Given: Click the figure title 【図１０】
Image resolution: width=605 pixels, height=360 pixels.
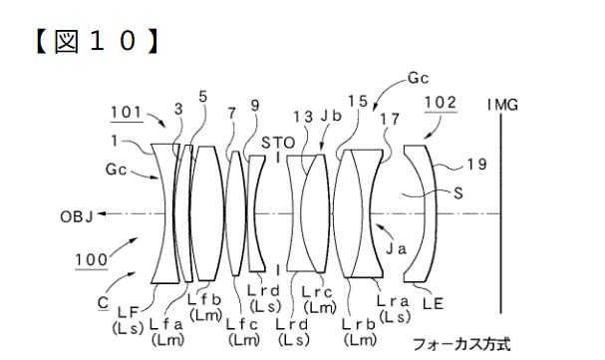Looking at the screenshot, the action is pos(97,41).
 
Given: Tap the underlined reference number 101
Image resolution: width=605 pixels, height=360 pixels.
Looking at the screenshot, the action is pos(127,113).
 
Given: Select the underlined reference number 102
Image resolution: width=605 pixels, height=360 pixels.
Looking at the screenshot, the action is pos(441,103).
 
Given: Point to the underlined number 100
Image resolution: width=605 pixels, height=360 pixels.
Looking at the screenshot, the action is pos(91,259).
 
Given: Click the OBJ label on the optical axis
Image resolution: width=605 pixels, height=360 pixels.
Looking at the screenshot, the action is pos(77,216).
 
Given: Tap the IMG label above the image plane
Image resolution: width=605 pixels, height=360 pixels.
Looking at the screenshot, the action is pos(502,105).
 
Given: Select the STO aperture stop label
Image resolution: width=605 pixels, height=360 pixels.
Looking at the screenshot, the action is pos(278,143).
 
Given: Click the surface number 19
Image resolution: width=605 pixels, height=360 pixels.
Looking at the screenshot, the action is pos(476,165).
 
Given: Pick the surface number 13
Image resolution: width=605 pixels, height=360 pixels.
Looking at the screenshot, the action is pos(303,117).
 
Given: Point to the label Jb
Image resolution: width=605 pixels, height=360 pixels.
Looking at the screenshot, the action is pos(331,116).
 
